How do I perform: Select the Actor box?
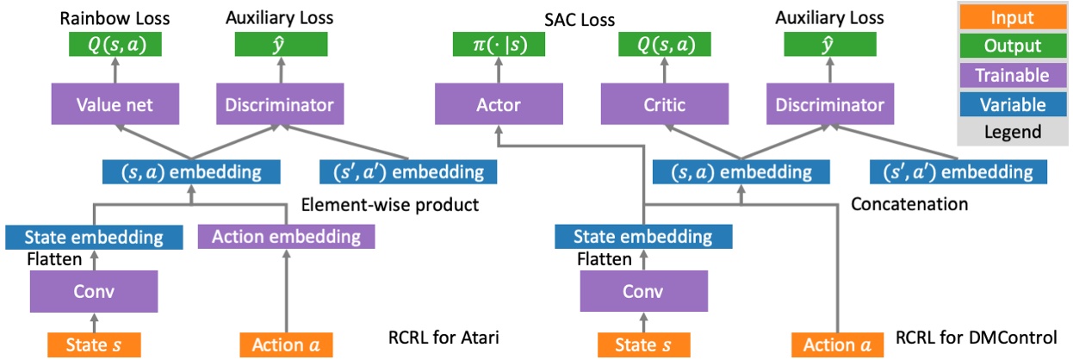pyautogui.click(x=499, y=105)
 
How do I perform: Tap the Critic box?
pyautogui.click(x=663, y=105)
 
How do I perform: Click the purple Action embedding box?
pyautogui.click(x=286, y=236)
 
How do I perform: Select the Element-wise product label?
pyautogui.click(x=390, y=205)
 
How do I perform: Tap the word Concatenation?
pyautogui.click(x=909, y=205)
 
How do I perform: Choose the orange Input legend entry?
pyautogui.click(x=1013, y=17)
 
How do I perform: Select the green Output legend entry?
pyautogui.click(x=1013, y=47)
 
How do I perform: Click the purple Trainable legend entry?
pyautogui.click(x=1013, y=76)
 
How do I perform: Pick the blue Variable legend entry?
pyautogui.click(x=1013, y=104)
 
